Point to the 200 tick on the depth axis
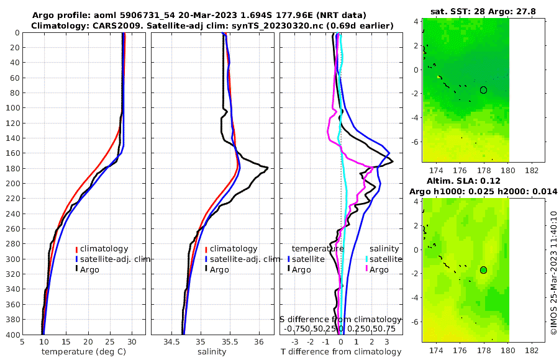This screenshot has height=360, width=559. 13,184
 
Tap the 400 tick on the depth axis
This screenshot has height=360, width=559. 13,335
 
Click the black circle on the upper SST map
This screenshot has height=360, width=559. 483,90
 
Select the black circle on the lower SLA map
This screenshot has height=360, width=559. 483,270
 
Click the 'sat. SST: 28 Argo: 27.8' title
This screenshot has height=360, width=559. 483,11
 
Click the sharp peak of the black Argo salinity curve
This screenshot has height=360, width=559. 267,168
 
